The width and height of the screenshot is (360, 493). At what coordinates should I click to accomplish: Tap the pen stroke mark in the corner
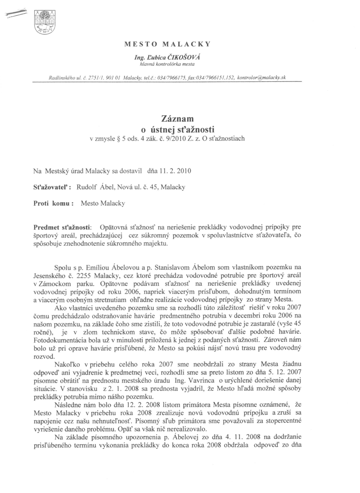[15, 16]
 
